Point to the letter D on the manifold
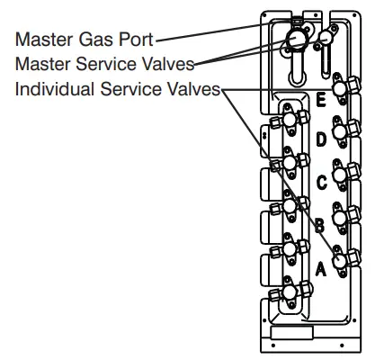click(x=322, y=139)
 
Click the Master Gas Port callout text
click(x=83, y=39)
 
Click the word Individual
click(x=52, y=90)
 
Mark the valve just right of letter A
click(x=342, y=259)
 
